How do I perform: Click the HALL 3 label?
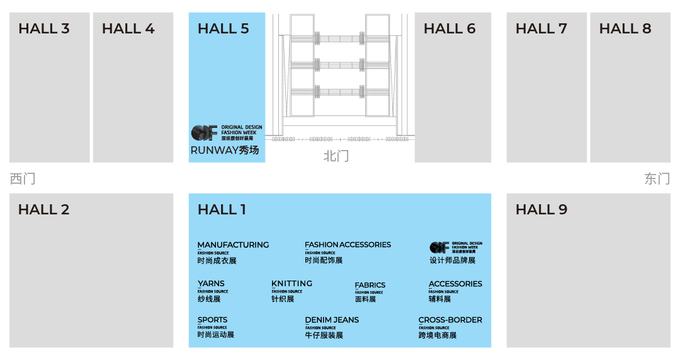coord(44,29)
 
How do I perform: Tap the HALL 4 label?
coord(128,29)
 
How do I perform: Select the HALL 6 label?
coord(450,29)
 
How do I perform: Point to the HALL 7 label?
coord(541,29)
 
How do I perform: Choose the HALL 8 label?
coord(625,29)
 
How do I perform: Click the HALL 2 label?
coord(44,210)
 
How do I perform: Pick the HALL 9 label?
coord(541,210)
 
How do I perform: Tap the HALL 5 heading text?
coord(224,29)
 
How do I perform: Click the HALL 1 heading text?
coord(222,210)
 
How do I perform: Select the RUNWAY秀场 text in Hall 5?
coord(225,151)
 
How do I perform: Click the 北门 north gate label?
coord(336,156)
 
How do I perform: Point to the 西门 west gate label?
coord(22,179)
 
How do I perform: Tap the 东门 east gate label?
coord(657,179)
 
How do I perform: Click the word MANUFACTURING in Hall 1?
coord(233,245)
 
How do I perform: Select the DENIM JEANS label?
coord(332,320)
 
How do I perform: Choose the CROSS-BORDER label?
coord(450,320)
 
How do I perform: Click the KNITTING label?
coord(292,283)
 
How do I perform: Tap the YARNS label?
coord(211,283)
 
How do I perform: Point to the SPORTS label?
coord(212,320)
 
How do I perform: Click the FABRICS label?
coord(370,285)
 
